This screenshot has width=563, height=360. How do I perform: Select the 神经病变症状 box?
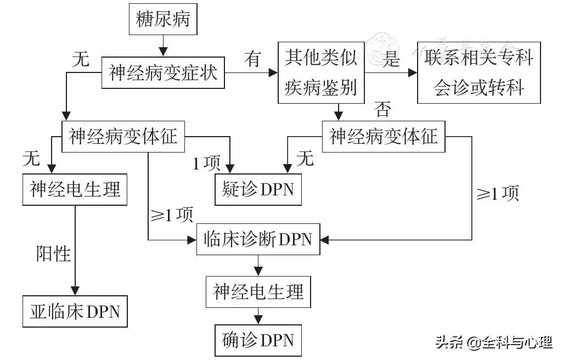pos(164,73)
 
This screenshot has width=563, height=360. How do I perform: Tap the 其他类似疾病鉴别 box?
pos(322,72)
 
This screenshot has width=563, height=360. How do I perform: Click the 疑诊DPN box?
pos(257,189)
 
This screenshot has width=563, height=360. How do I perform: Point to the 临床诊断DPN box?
pos(258,240)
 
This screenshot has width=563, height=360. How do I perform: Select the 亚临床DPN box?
pos(74,312)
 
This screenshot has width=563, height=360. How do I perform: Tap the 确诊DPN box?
pos(258,340)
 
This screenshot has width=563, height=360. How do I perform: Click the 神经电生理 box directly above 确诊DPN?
pos(258,291)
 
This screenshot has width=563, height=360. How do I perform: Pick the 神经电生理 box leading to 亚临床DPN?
pos(75,190)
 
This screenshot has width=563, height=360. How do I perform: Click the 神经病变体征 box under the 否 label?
pos(384,136)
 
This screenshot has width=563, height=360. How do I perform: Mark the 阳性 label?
pos(53,254)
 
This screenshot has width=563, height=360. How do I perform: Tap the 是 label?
pos(391,58)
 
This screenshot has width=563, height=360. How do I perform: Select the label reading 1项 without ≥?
pos(205,163)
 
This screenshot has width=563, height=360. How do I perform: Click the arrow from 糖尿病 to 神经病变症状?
pos(162,44)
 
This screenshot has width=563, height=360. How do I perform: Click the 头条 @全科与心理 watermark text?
pos(493,343)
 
